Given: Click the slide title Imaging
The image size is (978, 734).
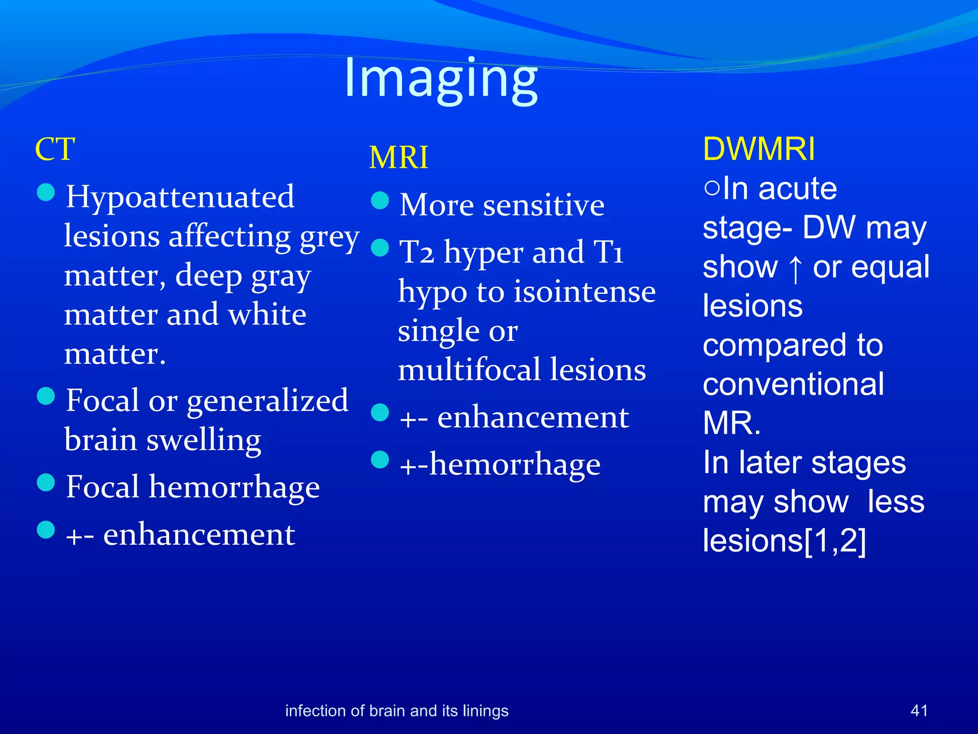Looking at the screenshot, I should tap(441, 79).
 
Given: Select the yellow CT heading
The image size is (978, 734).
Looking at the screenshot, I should tap(55, 149).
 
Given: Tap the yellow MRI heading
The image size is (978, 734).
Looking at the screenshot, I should tap(399, 158).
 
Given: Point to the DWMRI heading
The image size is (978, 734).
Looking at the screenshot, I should tap(759, 149).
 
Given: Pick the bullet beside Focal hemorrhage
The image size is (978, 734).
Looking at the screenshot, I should tap(46, 482).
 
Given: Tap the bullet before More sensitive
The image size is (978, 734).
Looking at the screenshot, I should tap(380, 200).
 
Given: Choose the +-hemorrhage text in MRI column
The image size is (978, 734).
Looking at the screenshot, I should tap(500, 464).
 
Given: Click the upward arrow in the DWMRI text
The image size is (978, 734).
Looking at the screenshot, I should tap(795, 268).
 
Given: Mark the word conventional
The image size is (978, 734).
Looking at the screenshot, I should tap(793, 384).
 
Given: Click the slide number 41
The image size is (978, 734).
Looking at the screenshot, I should tap(919, 711).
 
